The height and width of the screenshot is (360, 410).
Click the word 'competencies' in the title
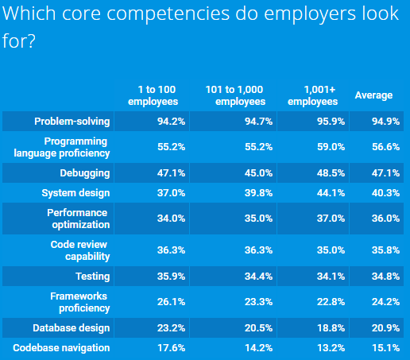coord(168,14)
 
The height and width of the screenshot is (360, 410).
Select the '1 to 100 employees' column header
coord(153,95)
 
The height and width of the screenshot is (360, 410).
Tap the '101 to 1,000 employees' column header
coord(235,95)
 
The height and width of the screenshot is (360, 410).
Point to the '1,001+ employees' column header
coord(313,95)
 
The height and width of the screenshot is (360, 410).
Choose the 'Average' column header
coord(373,95)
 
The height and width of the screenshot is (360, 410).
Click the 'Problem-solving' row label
coord(72,122)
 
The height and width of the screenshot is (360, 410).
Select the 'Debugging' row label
coord(85,173)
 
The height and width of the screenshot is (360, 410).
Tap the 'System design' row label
coord(75,193)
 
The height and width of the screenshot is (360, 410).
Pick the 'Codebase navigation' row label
coord(61,348)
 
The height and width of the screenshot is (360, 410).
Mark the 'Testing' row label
coord(93,277)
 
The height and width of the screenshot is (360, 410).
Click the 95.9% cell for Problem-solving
coord(331,122)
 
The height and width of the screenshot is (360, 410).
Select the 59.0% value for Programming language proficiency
coord(331,147)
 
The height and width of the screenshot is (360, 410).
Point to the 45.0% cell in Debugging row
coord(258,173)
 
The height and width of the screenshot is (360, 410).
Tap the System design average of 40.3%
coord(385,193)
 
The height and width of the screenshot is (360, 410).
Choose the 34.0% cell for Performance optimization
coord(171,219)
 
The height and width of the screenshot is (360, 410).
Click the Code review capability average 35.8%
coord(385,250)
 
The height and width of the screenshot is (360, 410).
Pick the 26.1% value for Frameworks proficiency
coord(171,302)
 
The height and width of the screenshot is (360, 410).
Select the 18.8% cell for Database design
coord(331,328)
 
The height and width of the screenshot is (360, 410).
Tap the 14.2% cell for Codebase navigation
coord(258,348)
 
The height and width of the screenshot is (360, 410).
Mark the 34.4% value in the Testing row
coord(258,277)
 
